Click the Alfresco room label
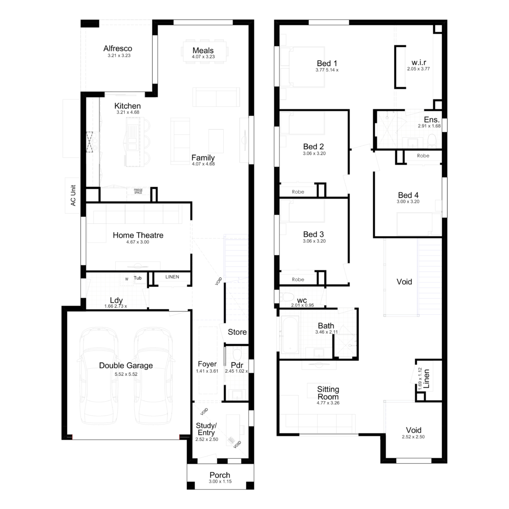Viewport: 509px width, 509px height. click(118, 49)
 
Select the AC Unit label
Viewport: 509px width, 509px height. click(73, 195)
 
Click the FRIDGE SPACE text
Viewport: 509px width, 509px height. click(138, 191)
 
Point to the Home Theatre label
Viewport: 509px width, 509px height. click(138, 235)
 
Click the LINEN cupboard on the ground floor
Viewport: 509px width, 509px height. click(171, 277)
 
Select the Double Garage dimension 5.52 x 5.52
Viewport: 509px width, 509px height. click(126, 374)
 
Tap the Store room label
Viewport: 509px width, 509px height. click(237, 332)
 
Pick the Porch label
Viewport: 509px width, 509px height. click(220, 475)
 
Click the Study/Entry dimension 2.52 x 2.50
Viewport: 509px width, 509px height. click(206, 439)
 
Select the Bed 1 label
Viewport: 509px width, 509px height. click(327, 64)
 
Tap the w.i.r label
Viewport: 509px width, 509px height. click(418, 63)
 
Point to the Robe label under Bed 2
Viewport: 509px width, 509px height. click(298, 191)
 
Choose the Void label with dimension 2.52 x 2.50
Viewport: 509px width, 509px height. click(414, 430)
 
